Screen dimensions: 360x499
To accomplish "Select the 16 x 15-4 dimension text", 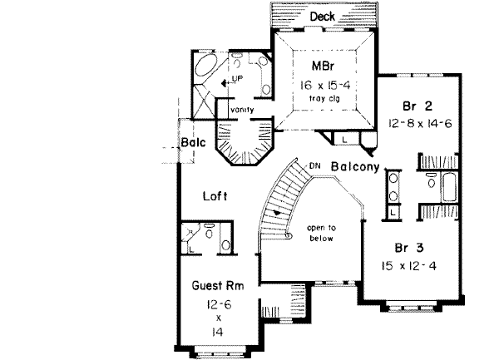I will click(x=324, y=84).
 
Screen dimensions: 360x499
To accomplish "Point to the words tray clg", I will click(x=324, y=100).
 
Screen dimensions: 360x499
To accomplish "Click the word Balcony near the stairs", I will click(x=355, y=166).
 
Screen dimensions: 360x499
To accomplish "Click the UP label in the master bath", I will click(x=236, y=78).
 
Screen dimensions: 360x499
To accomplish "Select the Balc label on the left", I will click(x=193, y=142).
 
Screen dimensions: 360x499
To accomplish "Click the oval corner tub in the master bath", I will click(x=203, y=70).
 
